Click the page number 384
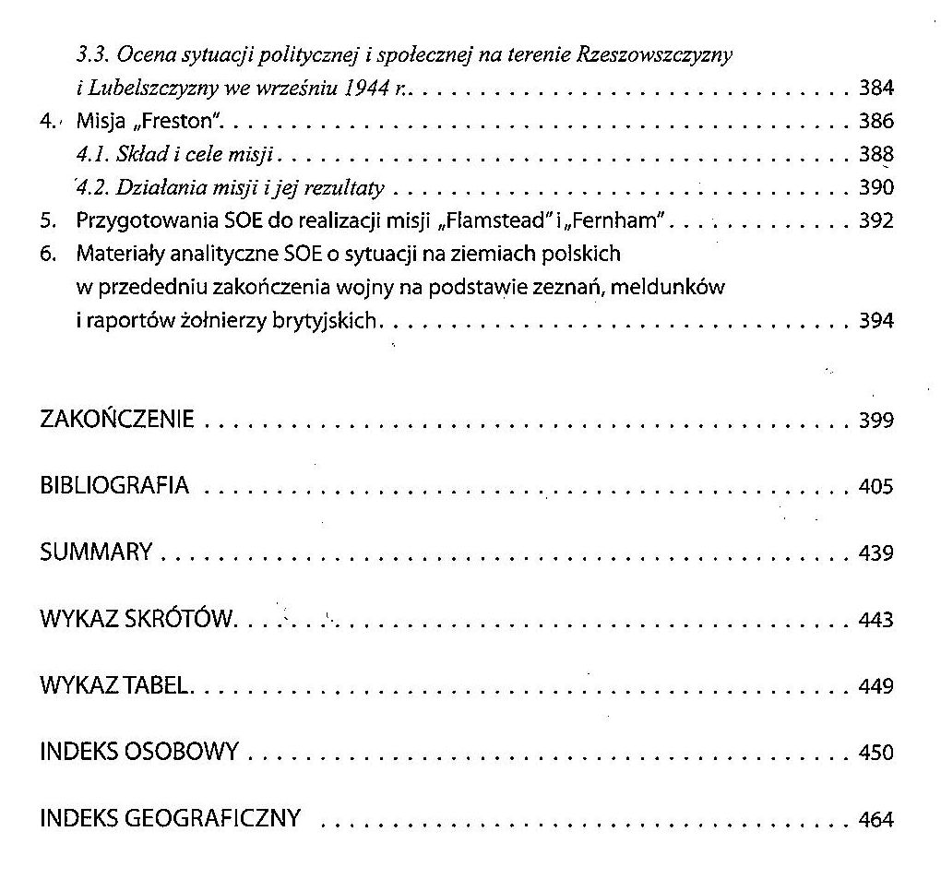click(875, 89)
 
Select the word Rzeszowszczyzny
click(654, 55)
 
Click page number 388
click(875, 154)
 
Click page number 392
click(875, 221)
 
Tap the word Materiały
click(117, 255)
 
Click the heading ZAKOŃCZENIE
click(117, 420)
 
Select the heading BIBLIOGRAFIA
click(114, 486)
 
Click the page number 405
click(875, 487)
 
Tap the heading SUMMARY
click(96, 553)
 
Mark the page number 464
click(875, 820)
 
